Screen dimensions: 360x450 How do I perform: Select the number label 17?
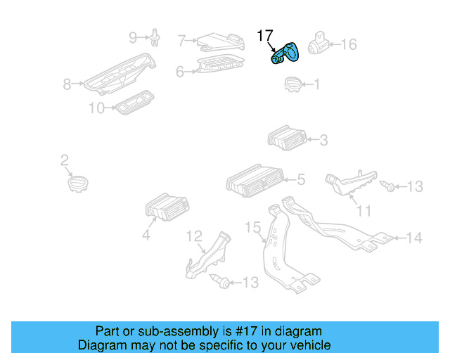[x=264, y=35]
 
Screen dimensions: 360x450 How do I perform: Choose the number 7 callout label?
[x=181, y=41]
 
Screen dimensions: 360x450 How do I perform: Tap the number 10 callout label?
[x=96, y=108]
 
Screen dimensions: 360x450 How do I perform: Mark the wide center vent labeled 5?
[x=254, y=179]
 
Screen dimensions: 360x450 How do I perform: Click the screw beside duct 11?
[x=387, y=186]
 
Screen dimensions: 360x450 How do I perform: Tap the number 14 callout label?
[x=415, y=238]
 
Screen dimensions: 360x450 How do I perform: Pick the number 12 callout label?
[x=194, y=236]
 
